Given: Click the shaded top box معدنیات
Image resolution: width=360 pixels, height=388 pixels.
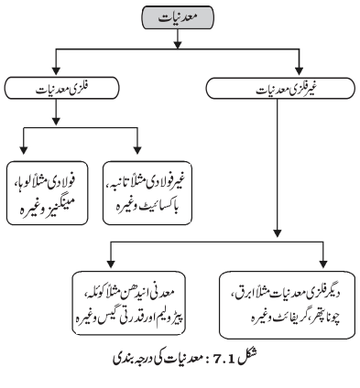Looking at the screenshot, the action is coord(178,17).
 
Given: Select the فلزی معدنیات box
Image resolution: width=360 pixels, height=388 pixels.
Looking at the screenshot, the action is coord(61,88).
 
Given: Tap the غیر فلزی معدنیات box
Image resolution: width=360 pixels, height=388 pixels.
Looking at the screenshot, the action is coord(280,88).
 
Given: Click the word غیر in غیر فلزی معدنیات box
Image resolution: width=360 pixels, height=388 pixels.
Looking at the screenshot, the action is coord(311,89).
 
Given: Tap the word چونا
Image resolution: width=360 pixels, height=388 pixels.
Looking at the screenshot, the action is coord(333,318).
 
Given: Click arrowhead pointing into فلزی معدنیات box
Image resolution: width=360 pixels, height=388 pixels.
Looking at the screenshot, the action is coord(56,70).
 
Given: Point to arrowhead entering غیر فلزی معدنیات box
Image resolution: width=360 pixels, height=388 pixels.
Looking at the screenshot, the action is coord(300,70).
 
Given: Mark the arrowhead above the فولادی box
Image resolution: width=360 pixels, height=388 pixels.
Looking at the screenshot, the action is coord(24,150).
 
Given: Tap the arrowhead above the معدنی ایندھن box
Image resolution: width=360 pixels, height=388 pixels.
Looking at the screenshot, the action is coord(111,264).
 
